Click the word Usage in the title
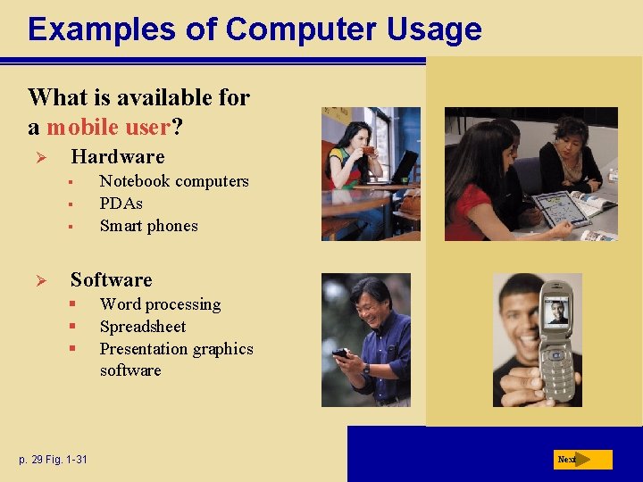[x=434, y=29]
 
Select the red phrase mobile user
[x=108, y=127]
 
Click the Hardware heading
[x=118, y=157]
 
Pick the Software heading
[x=112, y=280]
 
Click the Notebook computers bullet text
[x=174, y=181]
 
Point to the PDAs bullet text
[x=121, y=204]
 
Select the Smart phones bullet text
[x=149, y=226]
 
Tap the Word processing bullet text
[x=161, y=304]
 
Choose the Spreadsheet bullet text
[x=143, y=327]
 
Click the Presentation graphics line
[x=177, y=349]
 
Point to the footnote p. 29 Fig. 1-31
[x=54, y=460]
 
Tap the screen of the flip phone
[x=557, y=311]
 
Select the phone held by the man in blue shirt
[x=340, y=353]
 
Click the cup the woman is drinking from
[x=367, y=151]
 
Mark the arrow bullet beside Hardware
[x=39, y=158]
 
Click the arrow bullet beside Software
[x=39, y=281]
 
